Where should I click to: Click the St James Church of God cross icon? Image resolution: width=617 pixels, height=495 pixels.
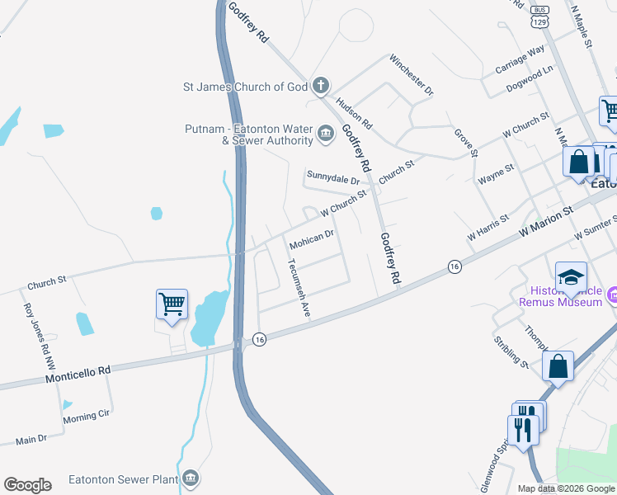coord(321,86)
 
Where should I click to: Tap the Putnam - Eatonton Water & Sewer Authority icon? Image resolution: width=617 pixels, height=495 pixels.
coord(326,133)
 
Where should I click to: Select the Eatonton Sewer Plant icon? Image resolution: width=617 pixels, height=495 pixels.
coord(191,478)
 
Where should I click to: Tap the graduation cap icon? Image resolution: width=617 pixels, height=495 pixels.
coord(571,278)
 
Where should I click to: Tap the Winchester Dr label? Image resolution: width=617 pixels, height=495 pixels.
coord(412,75)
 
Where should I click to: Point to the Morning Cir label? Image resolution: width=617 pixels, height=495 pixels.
coord(86,418)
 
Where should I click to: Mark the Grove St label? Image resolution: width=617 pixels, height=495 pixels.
coord(465,142)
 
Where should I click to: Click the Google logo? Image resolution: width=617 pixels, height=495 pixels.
coord(27,485)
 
